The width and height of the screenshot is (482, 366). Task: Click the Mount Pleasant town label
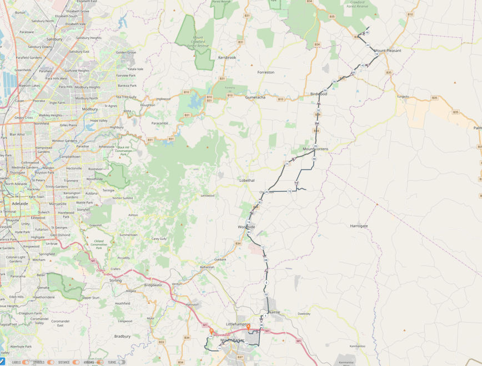pyautogui.click(x=387, y=51)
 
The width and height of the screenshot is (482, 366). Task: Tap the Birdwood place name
pyautogui.click(x=319, y=94)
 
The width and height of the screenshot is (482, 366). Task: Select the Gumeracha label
pyautogui.click(x=255, y=97)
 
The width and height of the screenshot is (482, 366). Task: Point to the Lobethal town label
pyautogui.click(x=247, y=181)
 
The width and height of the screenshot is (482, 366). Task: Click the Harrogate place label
pyautogui.click(x=359, y=226)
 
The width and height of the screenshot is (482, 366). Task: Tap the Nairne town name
pyautogui.click(x=274, y=312)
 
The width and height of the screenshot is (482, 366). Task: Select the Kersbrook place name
pyautogui.click(x=227, y=57)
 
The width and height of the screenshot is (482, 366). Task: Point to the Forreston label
pyautogui.click(x=266, y=72)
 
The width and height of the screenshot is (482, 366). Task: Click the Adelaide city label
pyautogui.click(x=20, y=204)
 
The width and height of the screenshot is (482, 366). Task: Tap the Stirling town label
pyautogui.click(x=116, y=281)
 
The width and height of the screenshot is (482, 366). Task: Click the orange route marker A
pyautogui.click(x=211, y=331)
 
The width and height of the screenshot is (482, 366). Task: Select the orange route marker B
pyautogui.click(x=248, y=327)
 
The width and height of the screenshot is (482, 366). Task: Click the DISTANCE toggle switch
pyautogui.click(x=75, y=362)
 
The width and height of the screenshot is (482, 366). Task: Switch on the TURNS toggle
pyautogui.click(x=122, y=362)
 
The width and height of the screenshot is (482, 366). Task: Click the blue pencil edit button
pyautogui.click(x=3, y=362)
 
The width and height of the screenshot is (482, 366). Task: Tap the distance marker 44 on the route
pyautogui.click(x=368, y=45)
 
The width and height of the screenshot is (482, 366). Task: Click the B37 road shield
pyautogui.click(x=240, y=357)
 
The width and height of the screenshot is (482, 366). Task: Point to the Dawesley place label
pyautogui.click(x=304, y=313)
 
